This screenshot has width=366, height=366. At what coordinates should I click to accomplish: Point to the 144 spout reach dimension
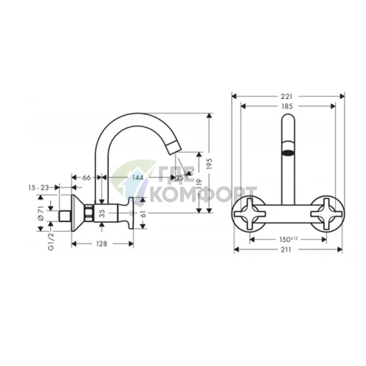point(137,178)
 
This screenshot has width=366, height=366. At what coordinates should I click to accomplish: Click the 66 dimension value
point(86,178)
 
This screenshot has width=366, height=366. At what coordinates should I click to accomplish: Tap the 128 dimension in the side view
point(103,243)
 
